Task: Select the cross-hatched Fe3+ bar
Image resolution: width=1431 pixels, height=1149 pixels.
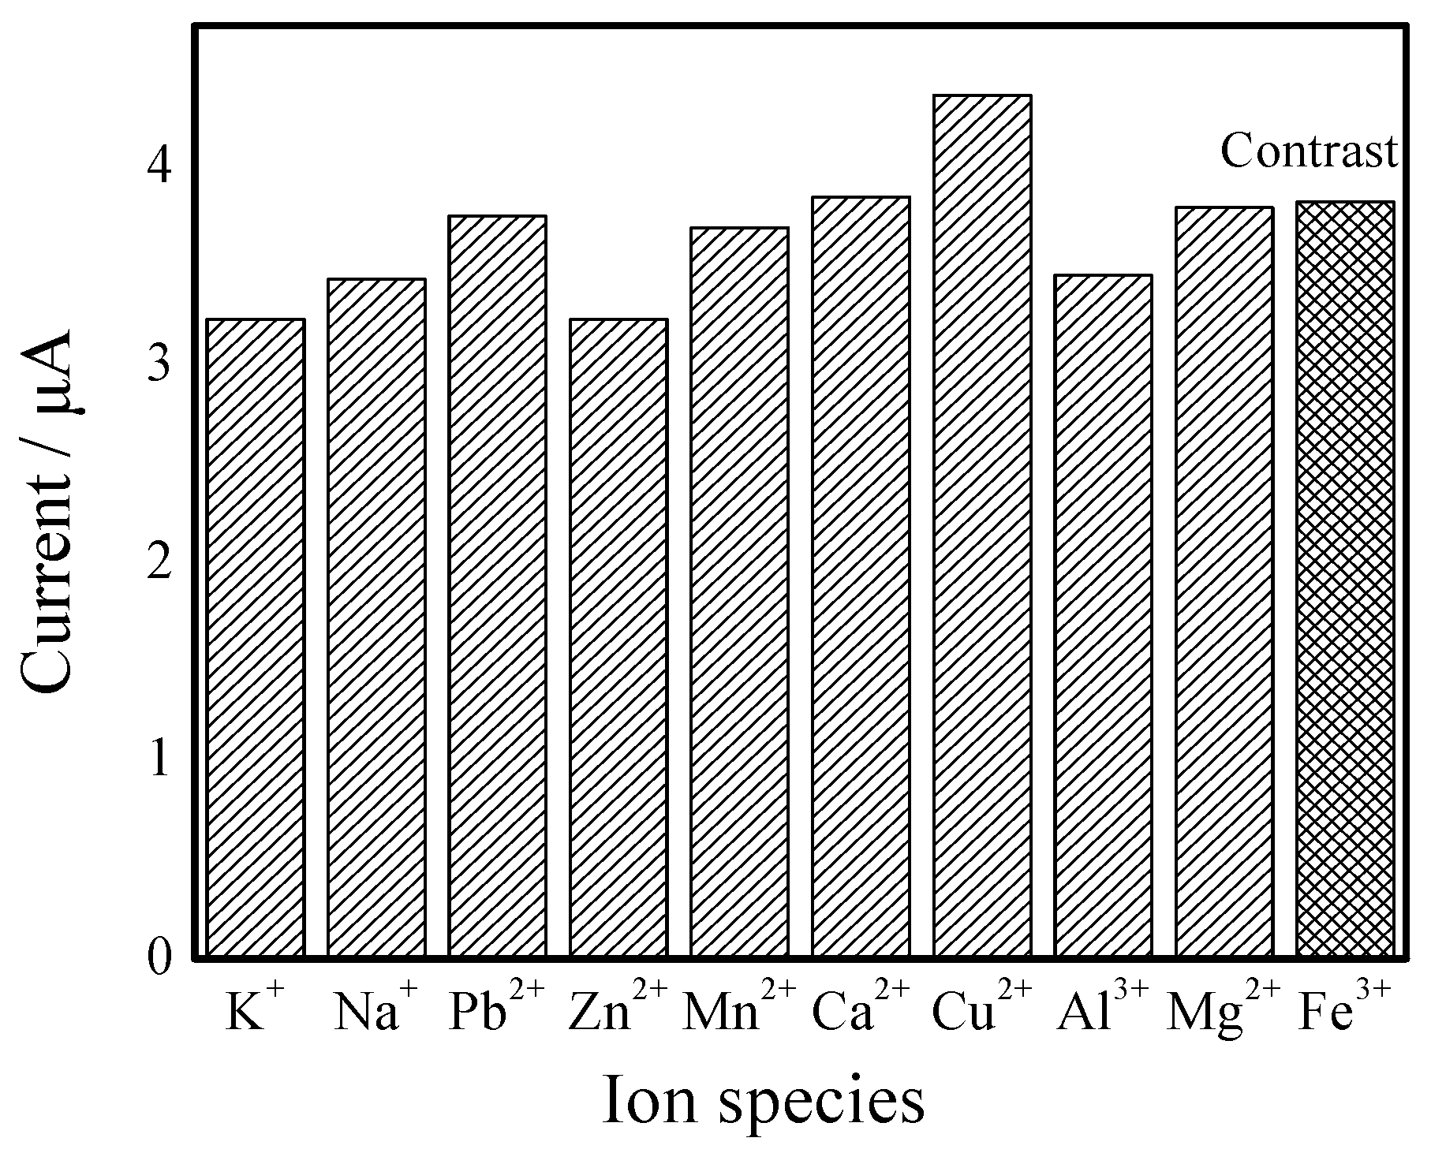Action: pos(1345,580)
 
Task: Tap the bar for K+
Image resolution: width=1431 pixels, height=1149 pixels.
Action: pos(255,638)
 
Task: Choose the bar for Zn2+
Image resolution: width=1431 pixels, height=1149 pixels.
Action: pos(618,638)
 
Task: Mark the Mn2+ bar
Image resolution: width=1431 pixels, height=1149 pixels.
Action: pos(739,592)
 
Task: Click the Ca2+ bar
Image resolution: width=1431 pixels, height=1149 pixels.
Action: pos(861,576)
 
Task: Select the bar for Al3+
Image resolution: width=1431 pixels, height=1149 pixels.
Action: pos(1103,616)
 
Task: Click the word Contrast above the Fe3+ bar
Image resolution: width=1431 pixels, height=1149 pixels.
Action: pos(1309,151)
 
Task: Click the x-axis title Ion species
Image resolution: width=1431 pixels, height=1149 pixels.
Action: pos(763,1101)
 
